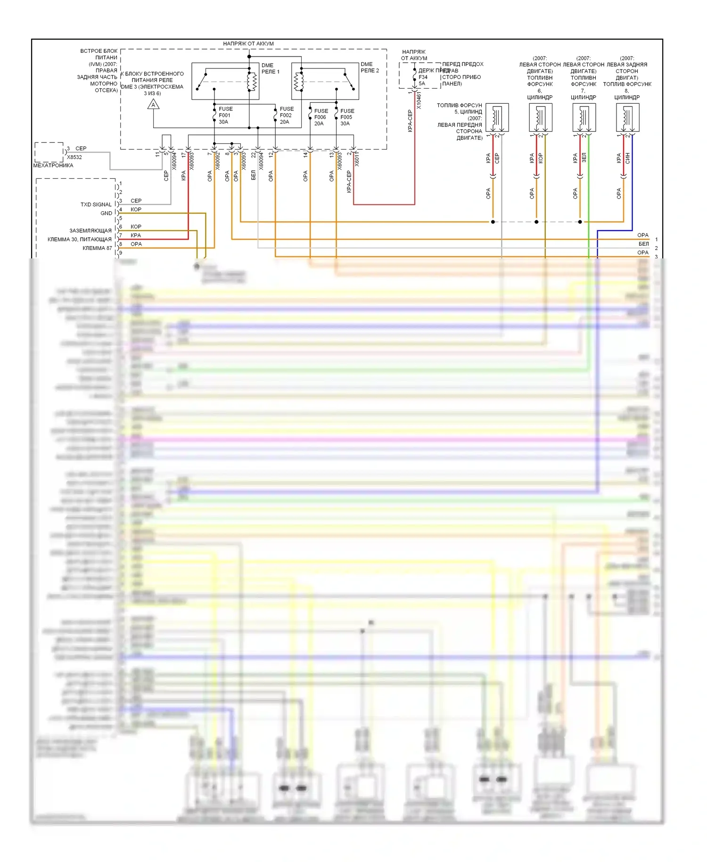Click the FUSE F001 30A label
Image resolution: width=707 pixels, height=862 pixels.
point(225,116)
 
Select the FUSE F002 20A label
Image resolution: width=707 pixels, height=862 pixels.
point(286,116)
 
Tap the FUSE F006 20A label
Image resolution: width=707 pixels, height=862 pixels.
point(321,117)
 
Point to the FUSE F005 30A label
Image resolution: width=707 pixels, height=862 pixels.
point(347,117)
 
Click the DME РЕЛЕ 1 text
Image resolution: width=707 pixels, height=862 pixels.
point(270,69)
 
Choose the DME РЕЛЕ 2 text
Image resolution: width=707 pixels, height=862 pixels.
point(370,67)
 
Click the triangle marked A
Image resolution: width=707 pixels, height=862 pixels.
point(153,105)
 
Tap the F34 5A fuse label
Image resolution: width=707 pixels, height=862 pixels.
point(423,80)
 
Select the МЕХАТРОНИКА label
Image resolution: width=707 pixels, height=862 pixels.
point(53,166)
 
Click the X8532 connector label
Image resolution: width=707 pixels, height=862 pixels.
point(74,157)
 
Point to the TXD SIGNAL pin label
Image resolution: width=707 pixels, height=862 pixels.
point(96,205)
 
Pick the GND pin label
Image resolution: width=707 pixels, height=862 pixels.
point(106,213)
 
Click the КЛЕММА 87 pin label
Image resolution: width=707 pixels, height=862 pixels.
point(97,248)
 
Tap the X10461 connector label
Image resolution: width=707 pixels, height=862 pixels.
point(419,101)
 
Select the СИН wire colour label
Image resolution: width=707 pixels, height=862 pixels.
point(628,158)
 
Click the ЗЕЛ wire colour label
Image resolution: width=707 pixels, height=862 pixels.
point(584,158)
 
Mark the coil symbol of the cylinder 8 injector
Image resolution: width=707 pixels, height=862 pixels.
point(627,116)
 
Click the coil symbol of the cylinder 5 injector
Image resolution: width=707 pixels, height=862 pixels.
point(497,116)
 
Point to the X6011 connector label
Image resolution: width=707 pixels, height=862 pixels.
point(357,159)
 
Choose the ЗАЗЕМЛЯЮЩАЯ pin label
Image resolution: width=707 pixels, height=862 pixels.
point(90,231)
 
